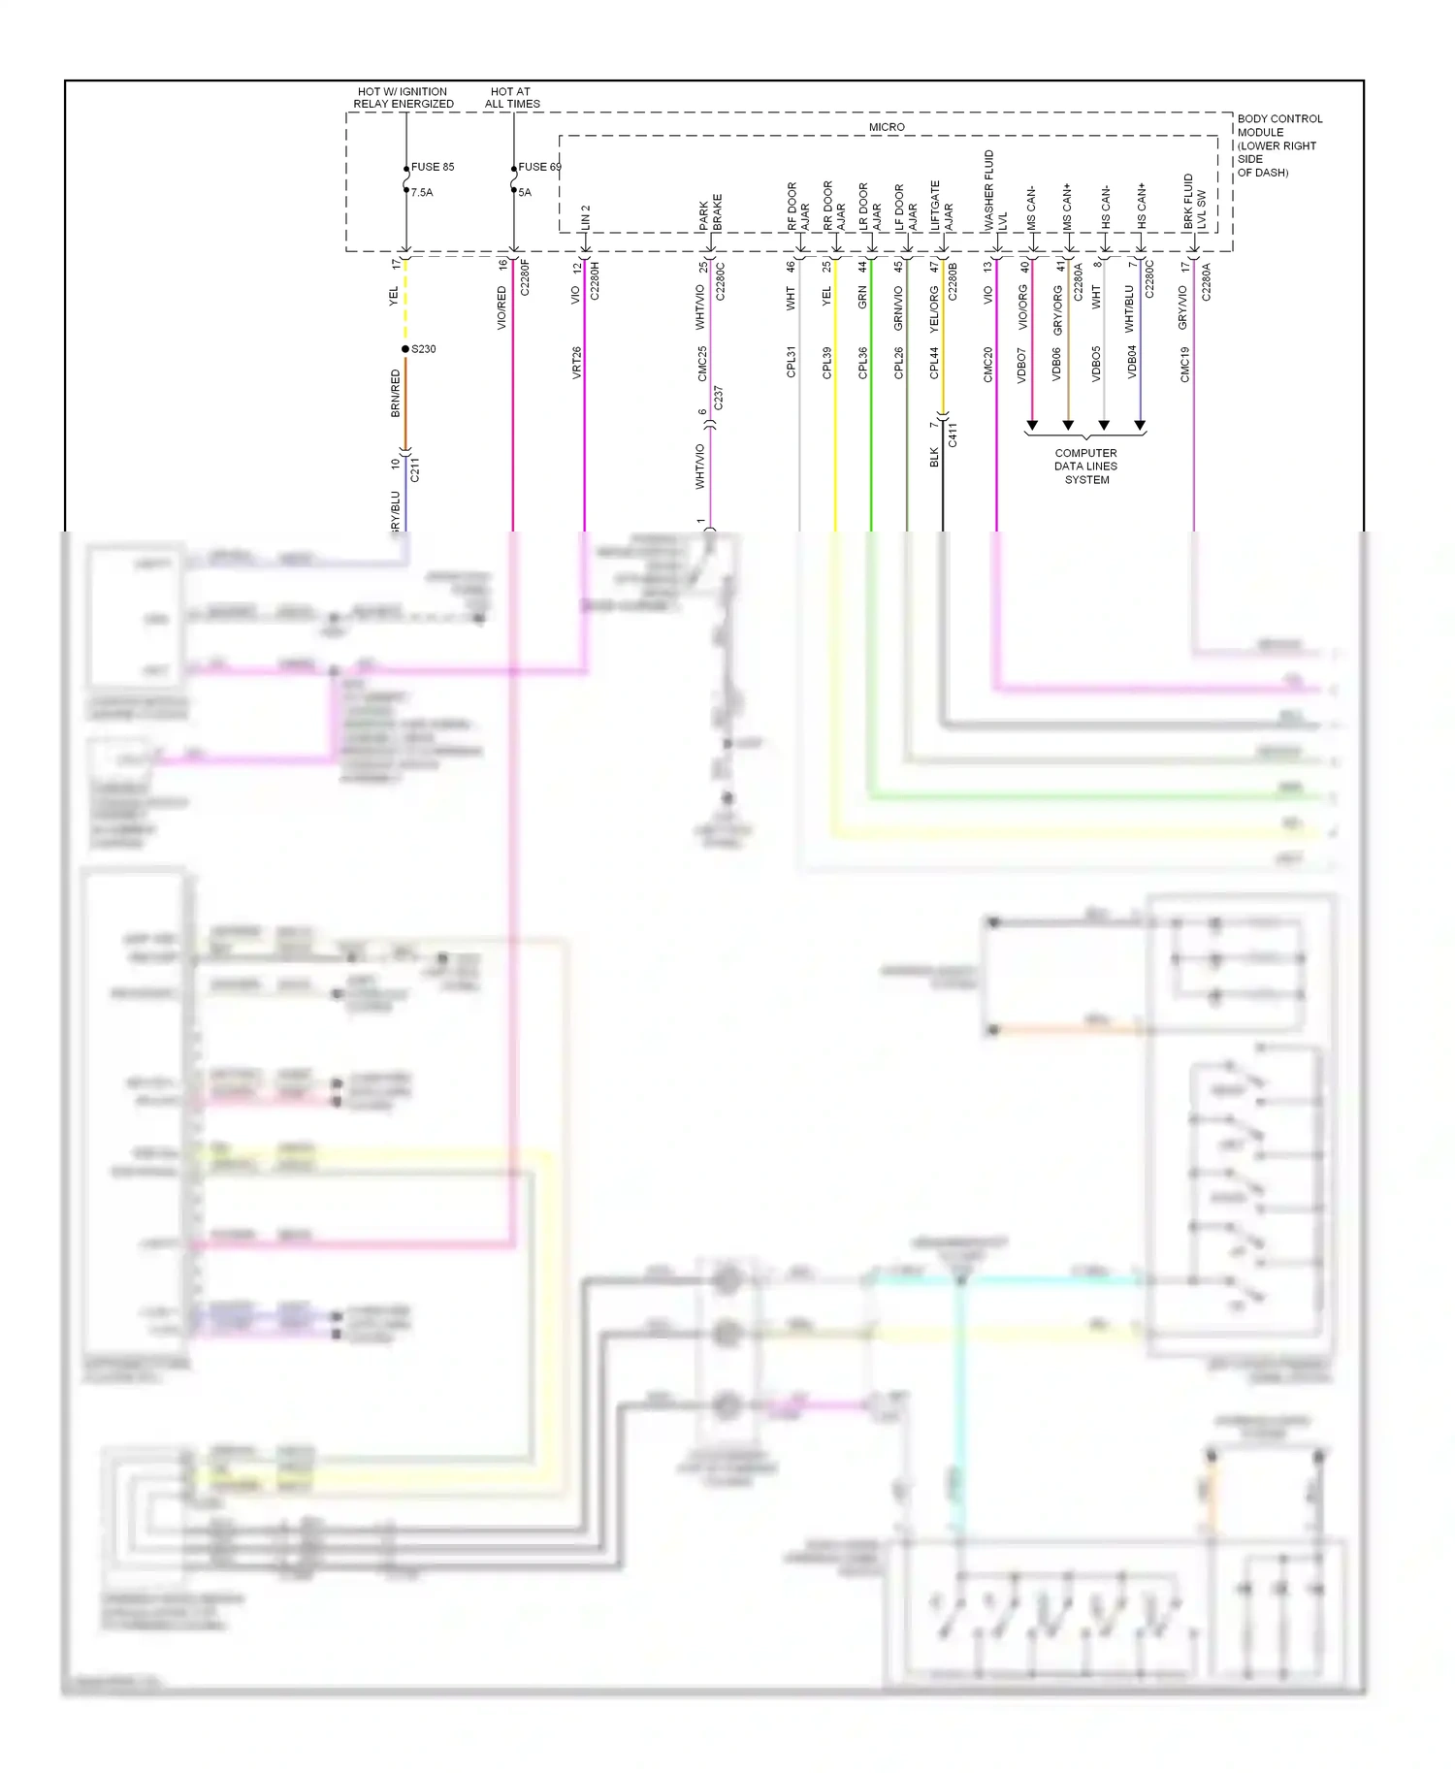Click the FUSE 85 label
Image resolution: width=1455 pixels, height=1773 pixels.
[433, 167]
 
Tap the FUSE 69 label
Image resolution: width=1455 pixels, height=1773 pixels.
[539, 167]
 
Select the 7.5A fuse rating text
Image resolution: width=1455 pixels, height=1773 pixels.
[422, 192]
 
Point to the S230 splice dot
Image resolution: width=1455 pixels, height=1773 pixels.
[405, 349]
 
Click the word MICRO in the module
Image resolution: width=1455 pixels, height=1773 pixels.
[887, 127]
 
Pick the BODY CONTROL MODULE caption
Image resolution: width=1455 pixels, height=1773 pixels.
[1278, 145]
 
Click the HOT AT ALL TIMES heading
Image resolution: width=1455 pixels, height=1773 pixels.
[512, 98]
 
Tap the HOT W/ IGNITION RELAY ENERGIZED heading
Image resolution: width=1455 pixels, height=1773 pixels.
[403, 98]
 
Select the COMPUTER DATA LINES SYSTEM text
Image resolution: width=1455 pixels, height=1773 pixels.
[1085, 467]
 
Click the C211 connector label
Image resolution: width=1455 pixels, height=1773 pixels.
[415, 470]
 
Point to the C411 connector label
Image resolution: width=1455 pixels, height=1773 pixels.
[953, 435]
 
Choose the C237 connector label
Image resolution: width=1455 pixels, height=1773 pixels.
[718, 398]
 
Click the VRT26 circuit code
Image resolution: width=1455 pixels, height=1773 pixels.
[577, 362]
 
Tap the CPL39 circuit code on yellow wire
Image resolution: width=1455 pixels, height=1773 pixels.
[827, 363]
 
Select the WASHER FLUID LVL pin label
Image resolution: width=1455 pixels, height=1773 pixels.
[995, 190]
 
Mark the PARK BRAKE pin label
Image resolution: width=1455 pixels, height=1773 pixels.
[710, 211]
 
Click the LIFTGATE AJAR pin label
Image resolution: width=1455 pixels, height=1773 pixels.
[942, 206]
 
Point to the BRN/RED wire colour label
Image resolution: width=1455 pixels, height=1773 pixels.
[396, 393]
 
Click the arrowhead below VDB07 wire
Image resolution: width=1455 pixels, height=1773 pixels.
[1032, 426]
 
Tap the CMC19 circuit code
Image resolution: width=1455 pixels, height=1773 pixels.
[1185, 365]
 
